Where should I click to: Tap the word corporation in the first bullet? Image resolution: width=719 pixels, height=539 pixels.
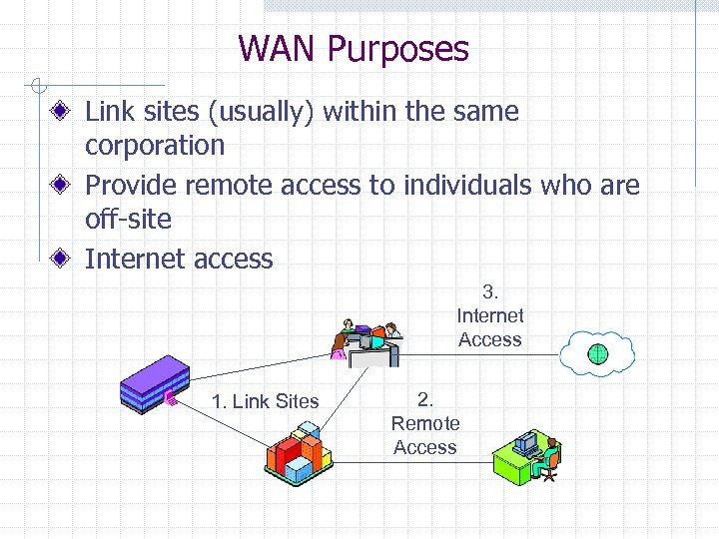[x=155, y=146]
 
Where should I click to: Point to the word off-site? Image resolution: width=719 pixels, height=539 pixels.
[x=128, y=220]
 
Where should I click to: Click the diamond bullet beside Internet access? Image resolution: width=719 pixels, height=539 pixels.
[x=62, y=259]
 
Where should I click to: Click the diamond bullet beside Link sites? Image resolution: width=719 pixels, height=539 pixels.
[x=62, y=112]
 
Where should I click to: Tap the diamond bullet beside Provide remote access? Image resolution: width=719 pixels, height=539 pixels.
[x=62, y=186]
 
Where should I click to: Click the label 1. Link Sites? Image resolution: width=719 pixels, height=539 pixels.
[x=265, y=401]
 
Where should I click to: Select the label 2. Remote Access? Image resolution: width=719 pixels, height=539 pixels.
[x=425, y=423]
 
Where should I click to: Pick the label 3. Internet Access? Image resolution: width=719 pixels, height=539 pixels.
[x=489, y=315]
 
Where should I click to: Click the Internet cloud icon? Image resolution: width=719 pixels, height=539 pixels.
[x=597, y=352]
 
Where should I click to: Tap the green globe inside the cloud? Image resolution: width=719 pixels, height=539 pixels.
[x=597, y=353]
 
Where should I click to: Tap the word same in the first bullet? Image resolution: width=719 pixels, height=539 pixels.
[x=483, y=112]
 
